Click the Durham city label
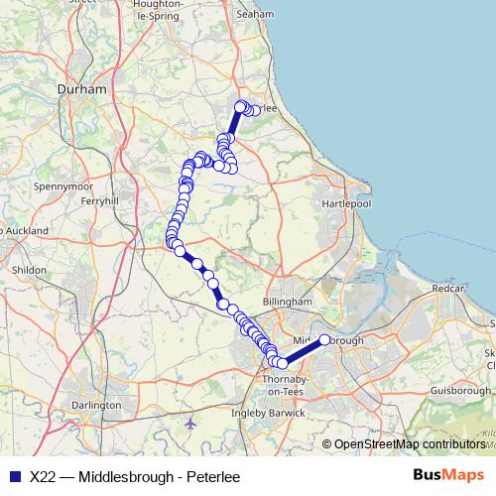tap(82, 89)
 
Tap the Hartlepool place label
tap(345, 202)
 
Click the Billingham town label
tap(288, 302)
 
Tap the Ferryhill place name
tap(99, 200)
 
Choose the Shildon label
tap(27, 269)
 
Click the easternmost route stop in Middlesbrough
tap(324, 340)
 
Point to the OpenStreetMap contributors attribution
tap(409, 444)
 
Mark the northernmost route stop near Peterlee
tap(239, 106)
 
